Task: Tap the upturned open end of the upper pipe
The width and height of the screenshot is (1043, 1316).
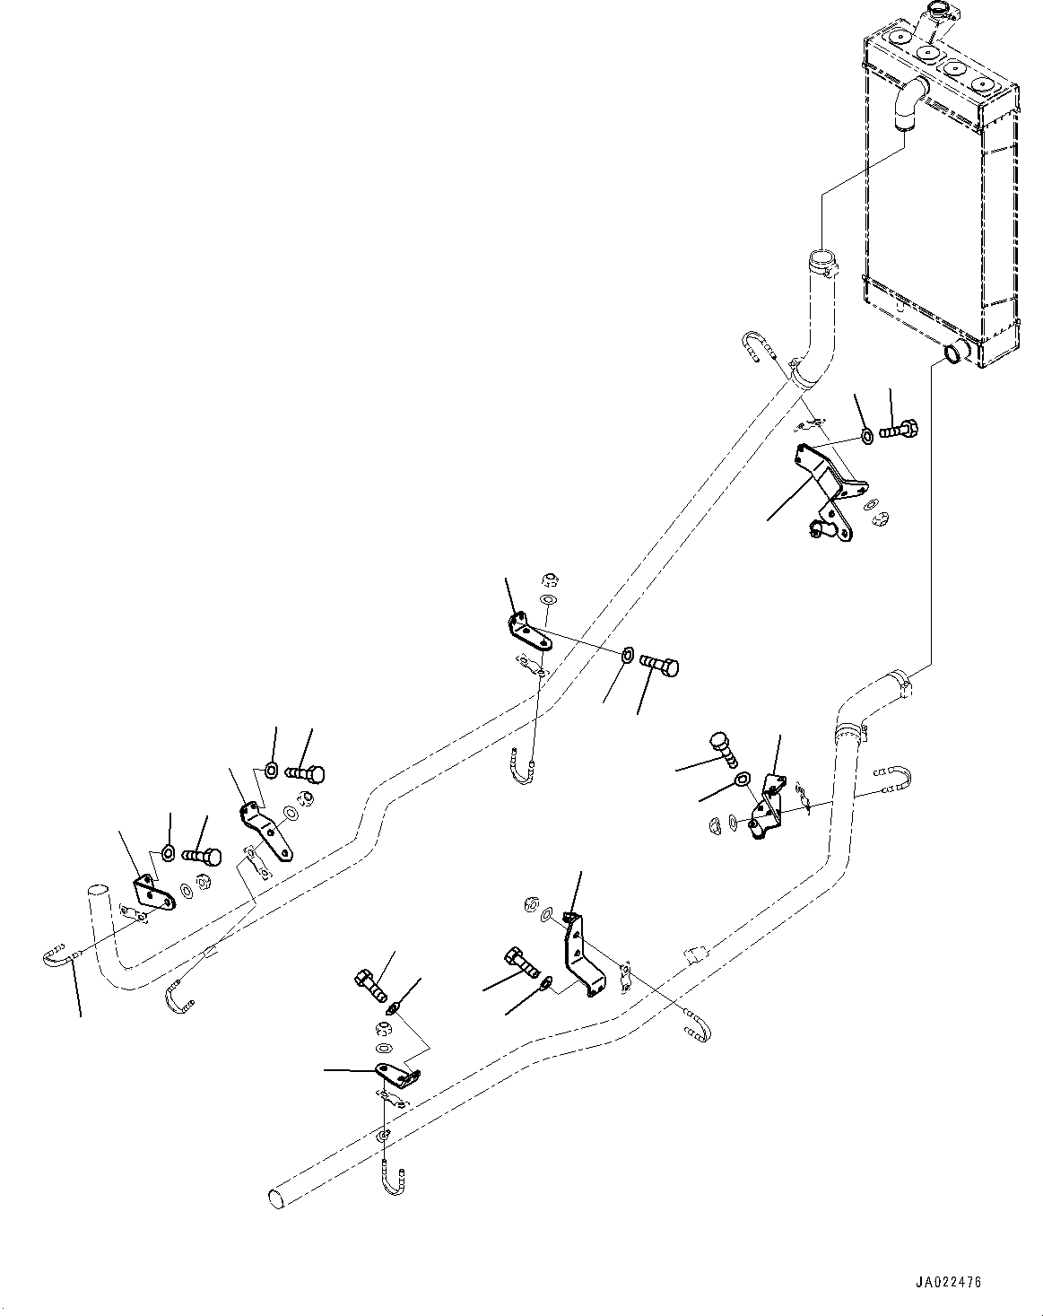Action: [x=97, y=891]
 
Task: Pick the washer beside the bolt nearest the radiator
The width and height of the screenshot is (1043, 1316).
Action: [x=866, y=437]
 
